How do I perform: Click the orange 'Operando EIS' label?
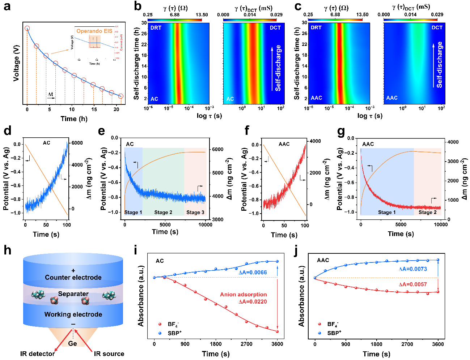[x=94, y=31]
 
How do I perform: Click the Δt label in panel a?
[x=51, y=94]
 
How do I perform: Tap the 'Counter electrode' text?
[x=73, y=277]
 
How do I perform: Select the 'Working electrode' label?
[x=73, y=314]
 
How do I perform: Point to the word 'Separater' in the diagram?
[x=73, y=294]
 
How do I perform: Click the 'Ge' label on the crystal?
[x=73, y=343]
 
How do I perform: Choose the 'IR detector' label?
[x=37, y=353]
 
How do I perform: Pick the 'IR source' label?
[x=109, y=353]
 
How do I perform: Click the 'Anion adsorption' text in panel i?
[x=243, y=295]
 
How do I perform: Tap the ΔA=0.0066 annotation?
[x=253, y=272]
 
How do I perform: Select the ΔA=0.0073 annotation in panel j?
[x=412, y=269]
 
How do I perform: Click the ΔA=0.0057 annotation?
[x=412, y=284]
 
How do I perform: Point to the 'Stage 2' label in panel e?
[x=163, y=212]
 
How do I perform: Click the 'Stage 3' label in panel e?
[x=195, y=212]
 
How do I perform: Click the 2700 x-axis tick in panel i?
[x=246, y=344]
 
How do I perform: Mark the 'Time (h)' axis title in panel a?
[x=74, y=119]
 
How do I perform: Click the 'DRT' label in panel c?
[x=316, y=27]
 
